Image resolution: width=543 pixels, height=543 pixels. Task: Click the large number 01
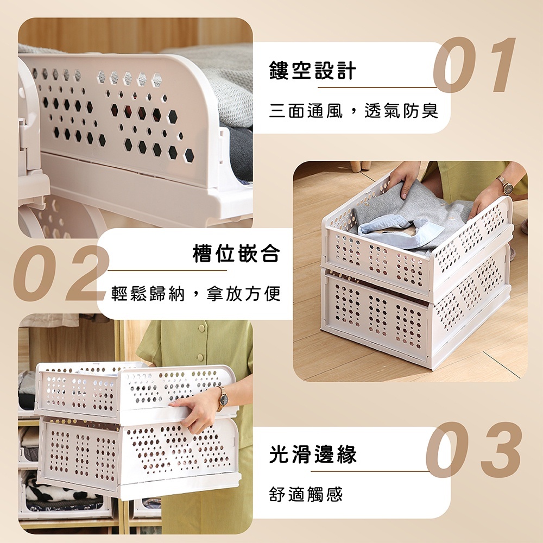tap(475, 65)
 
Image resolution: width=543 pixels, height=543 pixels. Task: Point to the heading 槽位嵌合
tap(236, 253)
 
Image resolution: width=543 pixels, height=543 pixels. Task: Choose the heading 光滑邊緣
tap(313, 454)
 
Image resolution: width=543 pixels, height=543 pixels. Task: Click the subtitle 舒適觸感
tap(306, 494)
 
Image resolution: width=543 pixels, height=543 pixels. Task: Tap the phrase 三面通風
tap(306, 111)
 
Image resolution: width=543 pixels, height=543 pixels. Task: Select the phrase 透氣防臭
tap(402, 111)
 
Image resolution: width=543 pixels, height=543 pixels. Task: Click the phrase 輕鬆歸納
tap(148, 294)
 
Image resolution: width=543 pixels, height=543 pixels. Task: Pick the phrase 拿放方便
tap(243, 294)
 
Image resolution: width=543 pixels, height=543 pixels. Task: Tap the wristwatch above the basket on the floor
tap(507, 186)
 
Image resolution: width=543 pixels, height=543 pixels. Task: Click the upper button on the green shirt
tap(201, 329)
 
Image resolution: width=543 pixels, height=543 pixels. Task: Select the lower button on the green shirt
tap(200, 358)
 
